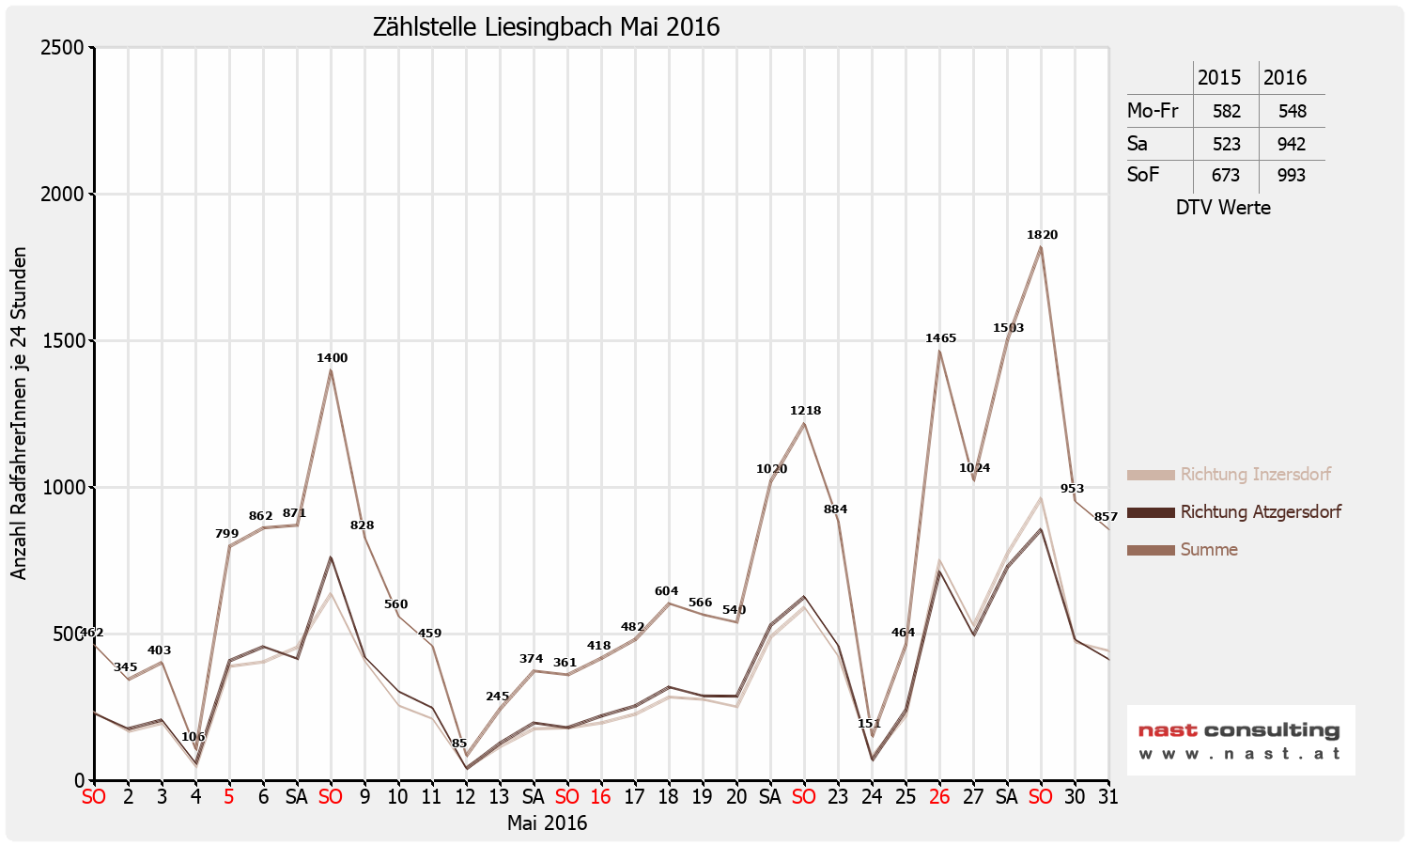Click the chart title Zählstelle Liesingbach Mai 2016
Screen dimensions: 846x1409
click(x=546, y=26)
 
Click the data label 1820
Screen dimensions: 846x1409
click(x=1042, y=235)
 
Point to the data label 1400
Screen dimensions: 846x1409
click(x=332, y=358)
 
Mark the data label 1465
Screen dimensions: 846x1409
click(x=940, y=338)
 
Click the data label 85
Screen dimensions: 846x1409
click(x=459, y=744)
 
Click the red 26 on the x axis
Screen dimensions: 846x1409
click(x=939, y=797)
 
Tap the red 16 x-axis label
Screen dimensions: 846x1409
click(x=600, y=797)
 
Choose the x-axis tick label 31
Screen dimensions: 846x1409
click(x=1108, y=797)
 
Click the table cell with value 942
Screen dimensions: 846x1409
click(x=1292, y=144)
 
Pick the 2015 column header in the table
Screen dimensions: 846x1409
click(x=1219, y=78)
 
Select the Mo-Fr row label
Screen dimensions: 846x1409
click(x=1153, y=111)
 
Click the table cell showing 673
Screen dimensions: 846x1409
click(x=1226, y=176)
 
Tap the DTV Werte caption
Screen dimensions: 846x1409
click(x=1223, y=208)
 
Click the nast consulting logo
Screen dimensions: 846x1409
click(x=1240, y=740)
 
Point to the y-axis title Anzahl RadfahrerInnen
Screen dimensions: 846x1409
click(x=19, y=414)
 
